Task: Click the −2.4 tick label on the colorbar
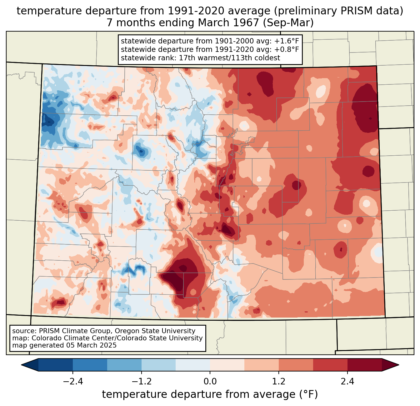(x=72, y=382)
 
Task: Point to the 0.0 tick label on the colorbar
(x=210, y=382)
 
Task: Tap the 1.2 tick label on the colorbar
(x=279, y=382)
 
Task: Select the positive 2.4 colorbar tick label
(x=347, y=382)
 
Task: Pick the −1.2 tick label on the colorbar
(x=141, y=382)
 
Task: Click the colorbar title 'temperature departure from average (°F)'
(x=210, y=394)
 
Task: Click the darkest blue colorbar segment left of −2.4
(x=56, y=365)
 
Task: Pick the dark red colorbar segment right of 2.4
(x=364, y=365)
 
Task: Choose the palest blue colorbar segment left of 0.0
(x=193, y=365)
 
